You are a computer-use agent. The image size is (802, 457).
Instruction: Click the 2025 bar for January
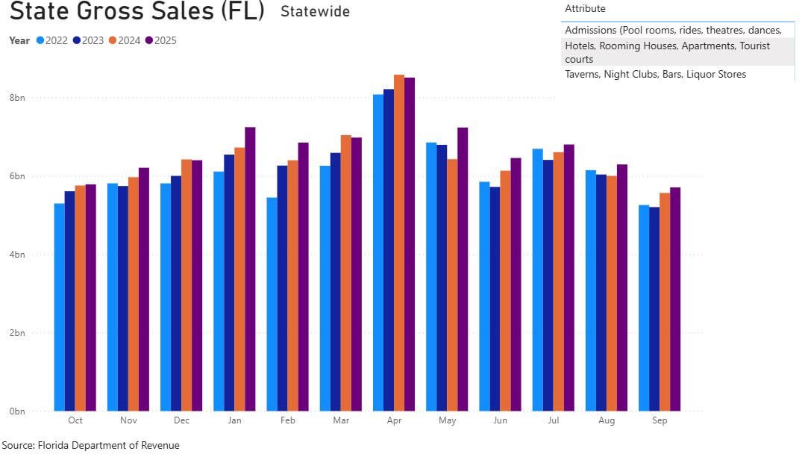pos(250,269)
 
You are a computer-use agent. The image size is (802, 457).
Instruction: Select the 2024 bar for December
pos(187,285)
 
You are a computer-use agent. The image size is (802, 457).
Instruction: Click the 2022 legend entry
pos(52,40)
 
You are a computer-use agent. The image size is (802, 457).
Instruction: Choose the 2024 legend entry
pos(125,40)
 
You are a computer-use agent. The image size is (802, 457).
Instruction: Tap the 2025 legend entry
pos(161,40)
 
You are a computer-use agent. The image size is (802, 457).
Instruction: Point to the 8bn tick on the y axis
pos(17,98)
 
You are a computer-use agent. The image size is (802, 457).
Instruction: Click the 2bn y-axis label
pos(17,333)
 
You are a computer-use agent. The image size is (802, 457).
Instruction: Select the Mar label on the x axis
pos(341,420)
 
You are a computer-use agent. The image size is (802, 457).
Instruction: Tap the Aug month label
pos(607,420)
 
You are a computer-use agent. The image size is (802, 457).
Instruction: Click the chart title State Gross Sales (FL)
pos(137,12)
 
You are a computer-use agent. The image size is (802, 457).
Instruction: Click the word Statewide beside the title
pos(315,12)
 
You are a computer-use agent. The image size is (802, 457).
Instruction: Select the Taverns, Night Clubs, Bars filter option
pos(655,74)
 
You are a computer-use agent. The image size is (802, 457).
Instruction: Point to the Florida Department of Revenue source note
pos(90,445)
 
